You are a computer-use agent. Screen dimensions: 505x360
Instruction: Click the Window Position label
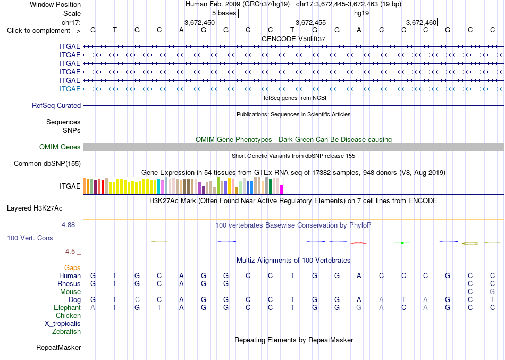click(55, 4)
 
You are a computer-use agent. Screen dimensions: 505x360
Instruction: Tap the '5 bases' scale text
click(224, 13)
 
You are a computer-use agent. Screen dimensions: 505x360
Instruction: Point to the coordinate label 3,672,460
click(421, 22)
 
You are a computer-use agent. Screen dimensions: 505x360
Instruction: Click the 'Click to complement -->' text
click(44, 31)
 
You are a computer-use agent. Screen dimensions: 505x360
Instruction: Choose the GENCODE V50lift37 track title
click(293, 39)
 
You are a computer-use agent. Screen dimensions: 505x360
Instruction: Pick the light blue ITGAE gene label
click(70, 89)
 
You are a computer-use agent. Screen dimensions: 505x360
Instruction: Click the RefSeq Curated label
click(56, 105)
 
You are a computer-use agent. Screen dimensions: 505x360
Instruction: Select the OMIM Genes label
click(60, 147)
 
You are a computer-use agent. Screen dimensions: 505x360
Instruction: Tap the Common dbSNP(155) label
click(47, 163)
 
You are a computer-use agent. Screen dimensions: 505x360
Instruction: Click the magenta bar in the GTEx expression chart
click(282, 189)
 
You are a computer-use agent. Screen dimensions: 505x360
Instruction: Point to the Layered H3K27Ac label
click(35, 208)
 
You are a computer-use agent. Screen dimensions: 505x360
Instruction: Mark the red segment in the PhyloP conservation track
click(358, 243)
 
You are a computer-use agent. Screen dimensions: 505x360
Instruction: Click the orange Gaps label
click(72, 268)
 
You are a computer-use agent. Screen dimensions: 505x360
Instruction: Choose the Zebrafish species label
click(66, 331)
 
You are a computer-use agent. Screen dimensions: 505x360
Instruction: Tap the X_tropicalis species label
click(63, 324)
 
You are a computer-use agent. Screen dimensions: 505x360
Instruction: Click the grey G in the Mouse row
click(492, 292)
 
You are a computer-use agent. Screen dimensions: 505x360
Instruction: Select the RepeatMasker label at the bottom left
click(58, 347)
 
